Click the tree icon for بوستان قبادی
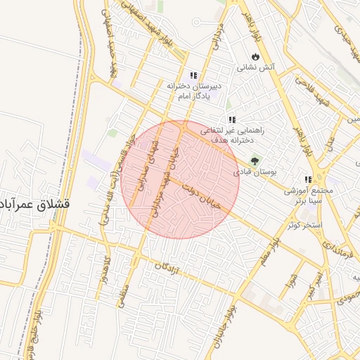255,161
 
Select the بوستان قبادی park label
257,172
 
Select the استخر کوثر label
304,225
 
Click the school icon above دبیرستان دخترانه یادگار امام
193,75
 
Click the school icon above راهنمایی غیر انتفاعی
231,120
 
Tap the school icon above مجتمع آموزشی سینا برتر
307,179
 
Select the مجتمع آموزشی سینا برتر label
307,195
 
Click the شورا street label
289,281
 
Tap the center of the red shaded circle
181,179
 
